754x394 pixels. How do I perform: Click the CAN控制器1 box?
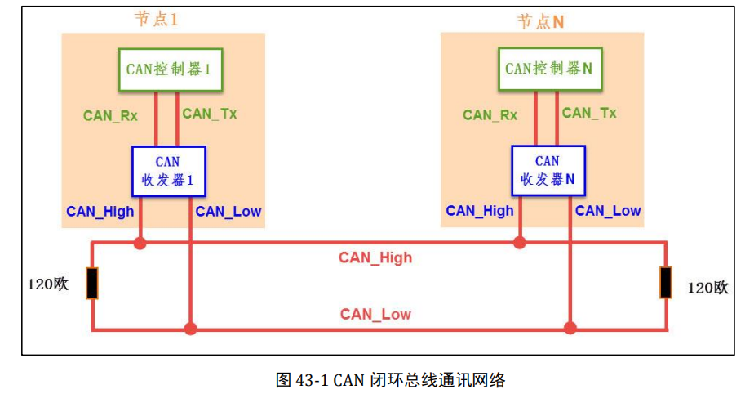point(169,69)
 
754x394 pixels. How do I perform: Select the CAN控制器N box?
point(548,69)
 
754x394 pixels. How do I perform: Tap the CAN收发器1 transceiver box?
point(168,171)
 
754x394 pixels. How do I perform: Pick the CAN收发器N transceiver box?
point(548,171)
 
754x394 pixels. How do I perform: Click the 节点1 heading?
point(156,20)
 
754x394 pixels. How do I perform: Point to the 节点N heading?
point(540,21)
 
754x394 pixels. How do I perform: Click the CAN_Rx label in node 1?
point(110,115)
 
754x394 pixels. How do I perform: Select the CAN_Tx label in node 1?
point(210,114)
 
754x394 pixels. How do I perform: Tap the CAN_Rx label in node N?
point(490,115)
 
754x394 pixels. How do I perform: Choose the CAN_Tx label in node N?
point(589,114)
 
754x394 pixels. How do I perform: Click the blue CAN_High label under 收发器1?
point(100,212)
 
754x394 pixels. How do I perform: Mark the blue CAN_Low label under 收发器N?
point(608,211)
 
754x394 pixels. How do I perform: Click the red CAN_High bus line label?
point(375,258)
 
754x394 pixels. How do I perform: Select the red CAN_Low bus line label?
point(375,315)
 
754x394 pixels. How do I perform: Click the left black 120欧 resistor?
point(92,284)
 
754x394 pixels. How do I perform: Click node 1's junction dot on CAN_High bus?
point(140,243)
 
